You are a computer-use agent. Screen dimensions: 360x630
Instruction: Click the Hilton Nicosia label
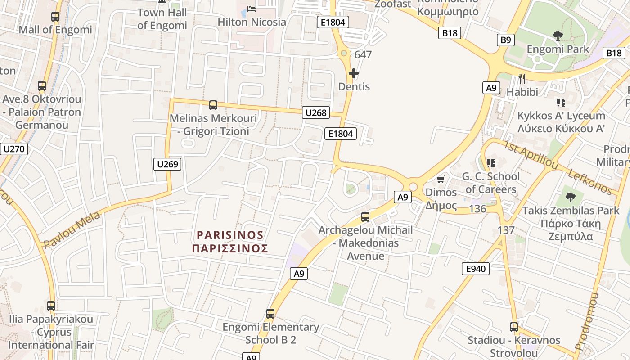point(252,22)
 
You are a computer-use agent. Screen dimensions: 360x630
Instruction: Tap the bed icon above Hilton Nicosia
point(252,9)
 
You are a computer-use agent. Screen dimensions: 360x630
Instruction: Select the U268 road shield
point(316,112)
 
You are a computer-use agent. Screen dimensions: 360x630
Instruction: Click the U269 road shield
point(167,164)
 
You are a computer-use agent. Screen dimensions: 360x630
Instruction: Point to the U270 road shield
point(14,149)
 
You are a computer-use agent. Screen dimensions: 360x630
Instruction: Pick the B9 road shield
point(506,40)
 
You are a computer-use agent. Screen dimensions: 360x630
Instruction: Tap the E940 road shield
point(476,269)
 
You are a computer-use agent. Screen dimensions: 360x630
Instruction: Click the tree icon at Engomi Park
point(558,36)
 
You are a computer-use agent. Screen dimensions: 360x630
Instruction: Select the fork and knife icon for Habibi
point(522,79)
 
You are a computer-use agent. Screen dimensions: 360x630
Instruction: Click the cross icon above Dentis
point(354,73)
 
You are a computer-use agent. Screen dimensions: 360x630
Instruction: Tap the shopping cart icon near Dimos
point(441,180)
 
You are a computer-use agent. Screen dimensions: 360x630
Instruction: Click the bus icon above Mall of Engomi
point(55,17)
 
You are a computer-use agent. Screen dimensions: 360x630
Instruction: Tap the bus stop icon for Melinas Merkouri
point(213,105)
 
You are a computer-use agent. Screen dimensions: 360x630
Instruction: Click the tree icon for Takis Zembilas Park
point(570,197)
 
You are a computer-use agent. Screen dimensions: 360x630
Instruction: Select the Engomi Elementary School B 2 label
point(270,333)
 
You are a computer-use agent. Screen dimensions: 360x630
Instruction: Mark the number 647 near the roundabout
point(363,55)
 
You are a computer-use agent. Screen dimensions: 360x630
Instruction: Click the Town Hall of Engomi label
point(162,19)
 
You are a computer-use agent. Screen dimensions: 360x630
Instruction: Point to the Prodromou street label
point(588,321)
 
